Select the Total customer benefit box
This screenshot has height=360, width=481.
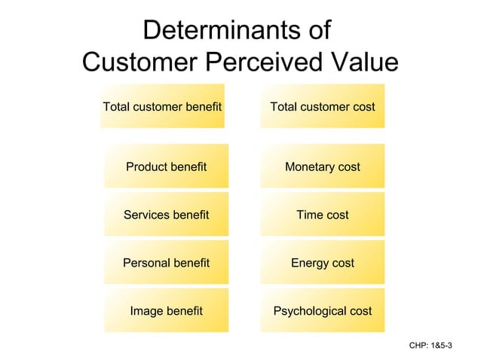[x=162, y=106]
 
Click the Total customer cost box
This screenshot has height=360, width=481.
[x=322, y=106]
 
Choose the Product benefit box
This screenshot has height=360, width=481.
[x=166, y=166]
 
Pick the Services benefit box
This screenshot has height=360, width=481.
[x=166, y=215]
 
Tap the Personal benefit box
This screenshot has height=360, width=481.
[x=166, y=263]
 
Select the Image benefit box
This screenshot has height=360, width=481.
[x=166, y=310]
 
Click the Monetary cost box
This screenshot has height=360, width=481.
[x=322, y=166]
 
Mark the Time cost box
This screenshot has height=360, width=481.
[x=322, y=215]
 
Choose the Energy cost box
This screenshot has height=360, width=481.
[x=322, y=263]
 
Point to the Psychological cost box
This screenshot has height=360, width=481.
[x=322, y=310]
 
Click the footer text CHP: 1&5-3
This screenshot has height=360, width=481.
[x=430, y=345]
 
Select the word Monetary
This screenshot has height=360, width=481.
[x=309, y=166]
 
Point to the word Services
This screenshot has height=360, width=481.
[x=145, y=215]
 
